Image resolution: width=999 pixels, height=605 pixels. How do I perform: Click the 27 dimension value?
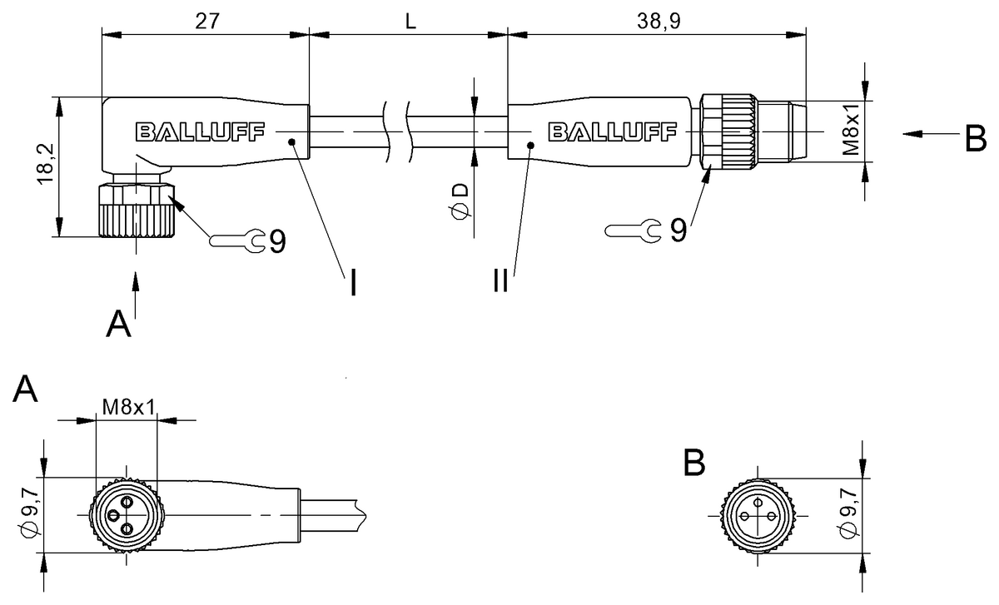click(x=207, y=21)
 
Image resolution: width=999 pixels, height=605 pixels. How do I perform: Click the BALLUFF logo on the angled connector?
click(x=200, y=131)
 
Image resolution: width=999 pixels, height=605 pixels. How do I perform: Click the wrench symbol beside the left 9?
click(x=237, y=241)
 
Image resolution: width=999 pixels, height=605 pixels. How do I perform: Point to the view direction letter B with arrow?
click(x=974, y=138)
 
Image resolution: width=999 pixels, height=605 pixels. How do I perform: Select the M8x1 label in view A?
click(x=129, y=407)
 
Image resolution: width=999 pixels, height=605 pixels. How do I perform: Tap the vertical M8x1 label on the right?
click(x=850, y=130)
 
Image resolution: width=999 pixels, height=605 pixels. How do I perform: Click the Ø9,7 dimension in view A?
click(x=31, y=517)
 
